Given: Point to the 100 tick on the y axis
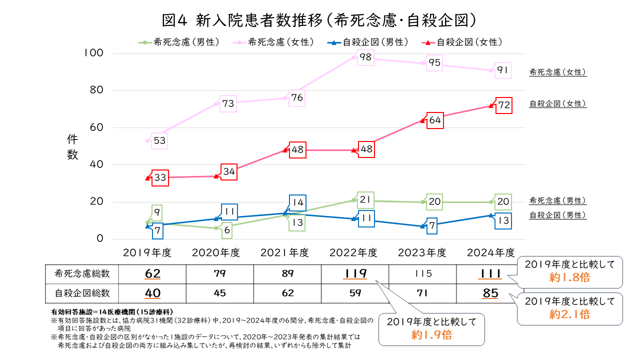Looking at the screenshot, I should (93, 53).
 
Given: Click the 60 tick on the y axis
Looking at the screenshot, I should (96, 127).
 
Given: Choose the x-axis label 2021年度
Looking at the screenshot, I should (284, 252).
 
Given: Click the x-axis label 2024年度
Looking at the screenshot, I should (490, 252).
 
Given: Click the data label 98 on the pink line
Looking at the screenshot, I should (365, 58).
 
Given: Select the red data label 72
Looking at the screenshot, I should (503, 105).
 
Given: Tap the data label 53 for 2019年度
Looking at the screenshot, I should (159, 141).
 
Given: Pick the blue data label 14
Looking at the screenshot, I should (297, 203).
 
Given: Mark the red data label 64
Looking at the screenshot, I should (434, 120).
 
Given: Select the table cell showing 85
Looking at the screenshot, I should (490, 293).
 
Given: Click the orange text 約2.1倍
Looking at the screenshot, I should (569, 314).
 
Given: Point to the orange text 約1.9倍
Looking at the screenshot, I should (431, 335).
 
